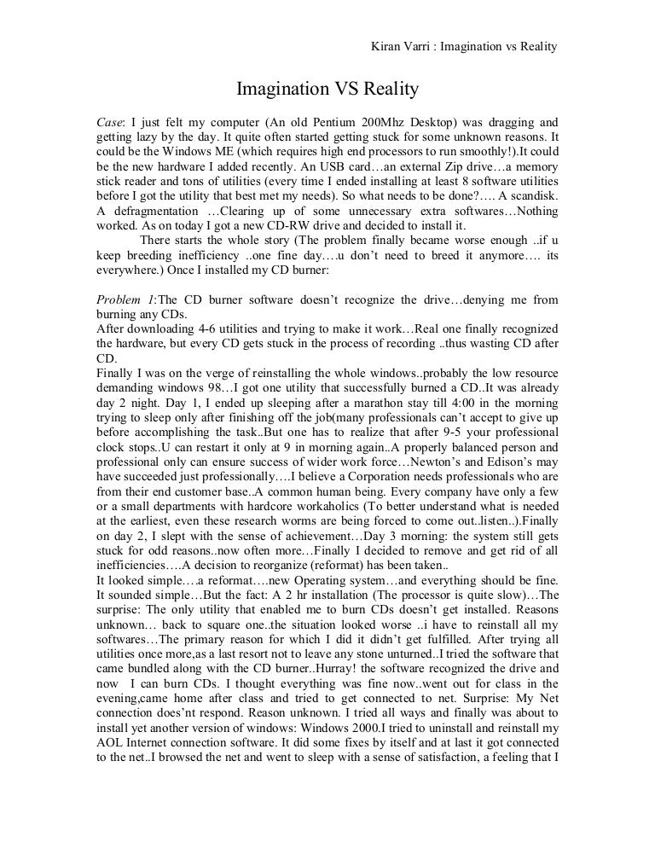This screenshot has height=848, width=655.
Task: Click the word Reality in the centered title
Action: pos(385,89)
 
